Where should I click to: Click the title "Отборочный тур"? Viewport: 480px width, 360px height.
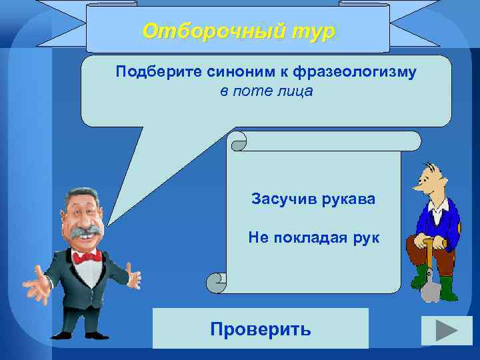(239, 31)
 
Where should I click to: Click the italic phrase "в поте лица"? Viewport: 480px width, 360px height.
(265, 90)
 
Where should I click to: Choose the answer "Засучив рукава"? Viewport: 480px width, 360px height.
(313, 198)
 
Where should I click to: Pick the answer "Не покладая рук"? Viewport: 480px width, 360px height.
(313, 237)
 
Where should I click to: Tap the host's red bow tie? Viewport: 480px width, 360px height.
(87, 256)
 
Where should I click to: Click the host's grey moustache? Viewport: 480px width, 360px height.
(85, 234)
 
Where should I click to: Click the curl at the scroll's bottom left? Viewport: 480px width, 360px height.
(217, 283)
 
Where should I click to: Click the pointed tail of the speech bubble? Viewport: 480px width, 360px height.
(117, 213)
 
